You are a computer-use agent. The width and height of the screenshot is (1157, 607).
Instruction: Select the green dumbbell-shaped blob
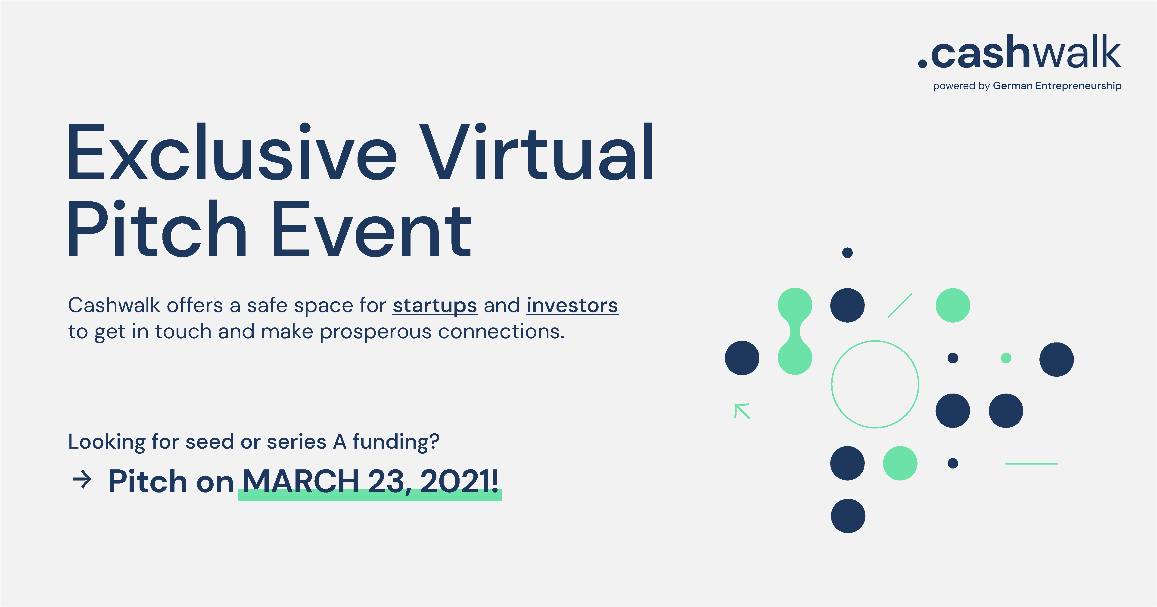[x=795, y=331]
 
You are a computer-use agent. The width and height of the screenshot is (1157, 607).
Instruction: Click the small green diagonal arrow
[x=742, y=411]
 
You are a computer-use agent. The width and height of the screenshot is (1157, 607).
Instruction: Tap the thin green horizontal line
[x=1032, y=463]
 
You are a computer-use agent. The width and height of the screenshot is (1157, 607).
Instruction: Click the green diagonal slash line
[x=900, y=305]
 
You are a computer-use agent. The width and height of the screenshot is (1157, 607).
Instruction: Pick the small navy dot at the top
[x=848, y=252]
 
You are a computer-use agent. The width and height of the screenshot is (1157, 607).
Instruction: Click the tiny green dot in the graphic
[x=1006, y=358]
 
